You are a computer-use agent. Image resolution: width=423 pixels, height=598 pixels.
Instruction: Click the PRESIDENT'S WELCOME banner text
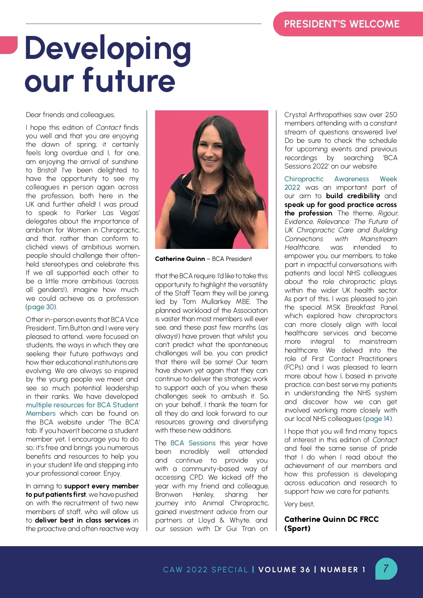(342, 24)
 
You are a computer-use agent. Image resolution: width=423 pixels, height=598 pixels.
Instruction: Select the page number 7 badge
(386, 568)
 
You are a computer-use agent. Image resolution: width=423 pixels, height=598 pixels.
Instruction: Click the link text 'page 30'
(41, 307)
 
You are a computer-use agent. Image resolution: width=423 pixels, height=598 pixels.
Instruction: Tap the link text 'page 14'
(377, 419)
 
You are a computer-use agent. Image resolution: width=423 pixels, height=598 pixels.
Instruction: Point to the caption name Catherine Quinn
(180, 259)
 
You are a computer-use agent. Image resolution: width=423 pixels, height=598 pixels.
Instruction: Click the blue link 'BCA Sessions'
(193, 443)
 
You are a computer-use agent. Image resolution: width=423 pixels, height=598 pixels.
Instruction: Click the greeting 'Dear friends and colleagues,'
(70, 115)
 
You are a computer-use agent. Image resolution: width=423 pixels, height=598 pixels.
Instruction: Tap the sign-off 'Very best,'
(299, 504)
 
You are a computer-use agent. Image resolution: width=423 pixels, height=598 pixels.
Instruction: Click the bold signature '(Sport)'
(298, 528)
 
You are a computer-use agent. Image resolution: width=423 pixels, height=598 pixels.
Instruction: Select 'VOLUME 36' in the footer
(284, 569)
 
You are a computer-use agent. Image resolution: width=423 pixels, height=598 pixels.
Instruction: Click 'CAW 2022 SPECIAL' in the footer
(206, 569)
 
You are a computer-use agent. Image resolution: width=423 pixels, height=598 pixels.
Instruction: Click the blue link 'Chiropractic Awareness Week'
(341, 179)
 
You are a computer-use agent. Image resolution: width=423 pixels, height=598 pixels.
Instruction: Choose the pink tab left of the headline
(8, 44)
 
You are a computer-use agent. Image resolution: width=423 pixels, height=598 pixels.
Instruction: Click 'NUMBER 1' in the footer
(343, 569)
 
